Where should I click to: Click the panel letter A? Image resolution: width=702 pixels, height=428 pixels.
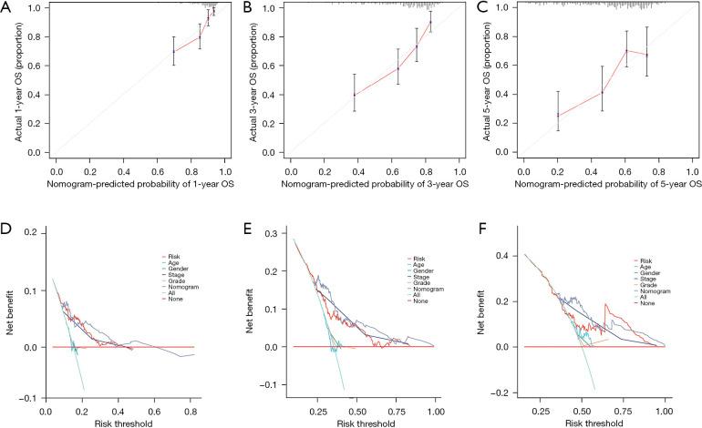pos(8,10)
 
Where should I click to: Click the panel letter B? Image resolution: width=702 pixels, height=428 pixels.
pos(243,10)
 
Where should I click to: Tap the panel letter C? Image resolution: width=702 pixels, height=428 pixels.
pos(477,10)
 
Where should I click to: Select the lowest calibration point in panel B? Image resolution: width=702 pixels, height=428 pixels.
pos(354,95)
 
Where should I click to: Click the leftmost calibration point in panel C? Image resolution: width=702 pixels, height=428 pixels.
pos(558,115)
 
